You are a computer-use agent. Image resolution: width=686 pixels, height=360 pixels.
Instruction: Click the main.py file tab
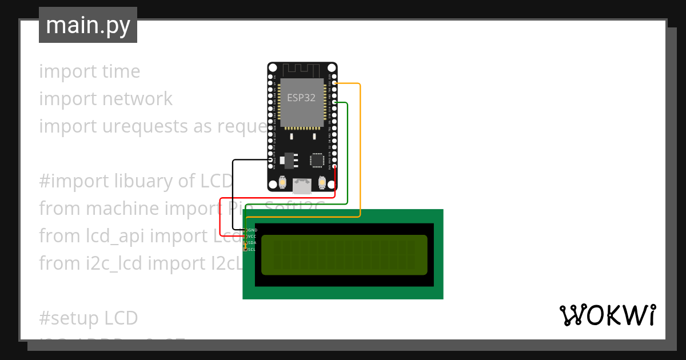point(88,25)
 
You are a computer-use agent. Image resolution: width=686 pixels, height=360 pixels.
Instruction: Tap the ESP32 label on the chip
point(301,98)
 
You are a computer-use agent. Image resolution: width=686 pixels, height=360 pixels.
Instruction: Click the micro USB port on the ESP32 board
point(302,185)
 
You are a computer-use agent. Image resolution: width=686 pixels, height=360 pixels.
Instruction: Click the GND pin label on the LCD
point(252,230)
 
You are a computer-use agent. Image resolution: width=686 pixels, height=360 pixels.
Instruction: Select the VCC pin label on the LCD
point(252,236)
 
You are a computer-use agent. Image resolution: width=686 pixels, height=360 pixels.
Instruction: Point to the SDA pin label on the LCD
point(252,243)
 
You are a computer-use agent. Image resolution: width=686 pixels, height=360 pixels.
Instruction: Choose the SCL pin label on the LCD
point(252,249)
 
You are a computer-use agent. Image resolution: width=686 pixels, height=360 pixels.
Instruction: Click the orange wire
point(360,149)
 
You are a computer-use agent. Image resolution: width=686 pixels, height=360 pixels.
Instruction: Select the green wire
point(347,154)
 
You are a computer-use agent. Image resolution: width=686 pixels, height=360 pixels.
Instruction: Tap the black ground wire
point(233,194)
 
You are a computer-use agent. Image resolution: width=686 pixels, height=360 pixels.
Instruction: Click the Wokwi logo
point(607,315)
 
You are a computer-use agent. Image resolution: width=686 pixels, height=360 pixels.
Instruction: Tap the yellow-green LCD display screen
point(344,255)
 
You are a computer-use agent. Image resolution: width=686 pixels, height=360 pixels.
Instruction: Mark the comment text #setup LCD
point(89,318)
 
